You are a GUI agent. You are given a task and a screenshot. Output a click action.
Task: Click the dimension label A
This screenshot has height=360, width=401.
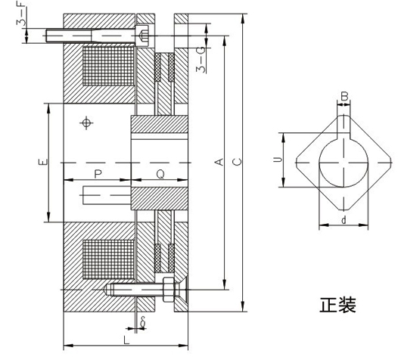point(220,162)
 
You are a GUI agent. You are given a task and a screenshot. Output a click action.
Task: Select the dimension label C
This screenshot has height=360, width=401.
point(237,162)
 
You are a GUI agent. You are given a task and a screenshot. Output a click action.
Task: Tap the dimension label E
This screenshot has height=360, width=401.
point(42,162)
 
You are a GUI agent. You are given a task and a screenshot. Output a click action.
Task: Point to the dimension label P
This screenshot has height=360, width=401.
point(98,174)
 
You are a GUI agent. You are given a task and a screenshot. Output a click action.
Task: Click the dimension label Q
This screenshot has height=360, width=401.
point(160,175)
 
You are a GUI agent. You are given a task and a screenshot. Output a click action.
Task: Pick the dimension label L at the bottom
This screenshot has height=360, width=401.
point(126,340)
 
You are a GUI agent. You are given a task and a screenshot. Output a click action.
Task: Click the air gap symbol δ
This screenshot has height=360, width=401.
point(143,321)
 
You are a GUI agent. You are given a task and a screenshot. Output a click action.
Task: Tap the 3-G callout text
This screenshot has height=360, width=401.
point(201,60)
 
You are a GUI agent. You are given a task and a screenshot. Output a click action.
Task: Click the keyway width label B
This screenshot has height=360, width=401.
point(344,97)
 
